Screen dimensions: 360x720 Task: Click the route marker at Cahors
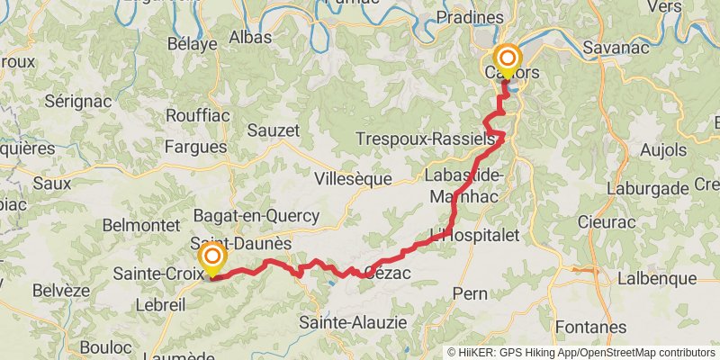507,60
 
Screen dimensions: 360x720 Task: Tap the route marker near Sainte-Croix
212,258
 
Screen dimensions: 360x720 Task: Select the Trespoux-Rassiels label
426,140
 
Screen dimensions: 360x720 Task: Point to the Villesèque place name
353,179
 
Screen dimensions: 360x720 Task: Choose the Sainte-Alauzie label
353,321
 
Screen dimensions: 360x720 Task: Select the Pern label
470,293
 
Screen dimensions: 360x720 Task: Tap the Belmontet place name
136,224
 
